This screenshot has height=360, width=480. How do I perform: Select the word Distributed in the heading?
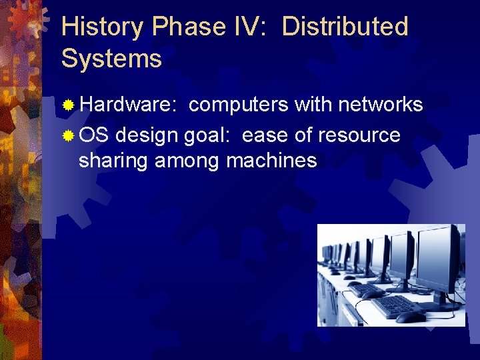coord(345,27)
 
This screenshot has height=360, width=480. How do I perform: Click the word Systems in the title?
coord(111,59)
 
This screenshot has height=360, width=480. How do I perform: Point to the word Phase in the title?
coord(189,27)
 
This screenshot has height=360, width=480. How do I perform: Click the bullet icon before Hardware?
coord(67,105)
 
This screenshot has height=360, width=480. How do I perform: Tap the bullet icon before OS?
coord(67,136)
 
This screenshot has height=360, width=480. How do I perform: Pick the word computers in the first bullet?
coord(239,105)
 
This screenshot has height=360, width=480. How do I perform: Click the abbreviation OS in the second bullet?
coord(93,135)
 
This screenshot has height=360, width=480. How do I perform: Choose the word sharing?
coord(114,161)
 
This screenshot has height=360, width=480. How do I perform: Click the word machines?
coord(271,161)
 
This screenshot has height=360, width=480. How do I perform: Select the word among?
coord(189,161)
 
